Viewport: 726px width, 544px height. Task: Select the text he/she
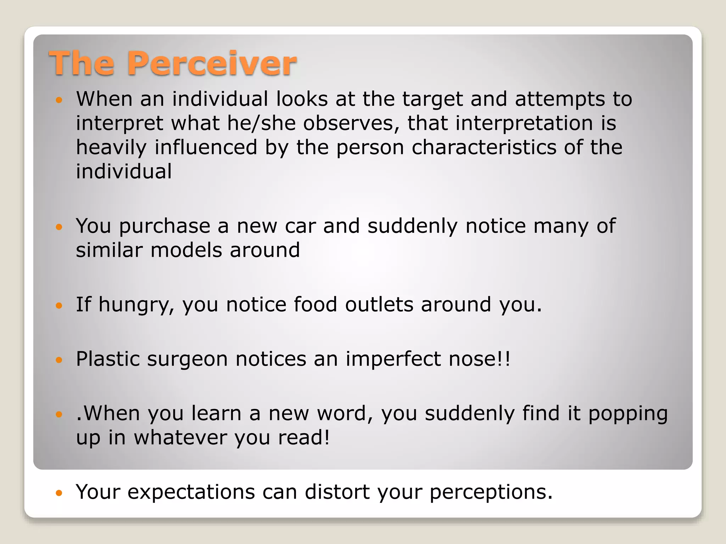coord(261,123)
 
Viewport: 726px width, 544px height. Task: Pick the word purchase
coord(164,227)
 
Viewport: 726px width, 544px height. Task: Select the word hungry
coord(136,305)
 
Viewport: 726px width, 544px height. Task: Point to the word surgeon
coord(187,360)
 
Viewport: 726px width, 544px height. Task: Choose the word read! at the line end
coord(304,438)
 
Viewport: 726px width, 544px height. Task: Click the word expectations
coord(191,492)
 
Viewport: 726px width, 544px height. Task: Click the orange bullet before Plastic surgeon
coord(59,360)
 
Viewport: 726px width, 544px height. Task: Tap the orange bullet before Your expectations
coord(59,493)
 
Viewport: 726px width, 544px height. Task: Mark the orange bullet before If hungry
coord(59,305)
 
